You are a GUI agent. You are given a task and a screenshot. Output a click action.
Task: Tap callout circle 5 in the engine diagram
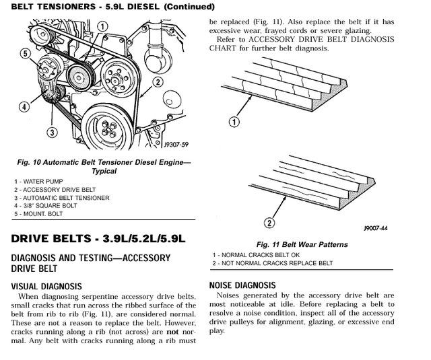coord(24,54)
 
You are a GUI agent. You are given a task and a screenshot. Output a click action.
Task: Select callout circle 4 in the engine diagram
coord(24,106)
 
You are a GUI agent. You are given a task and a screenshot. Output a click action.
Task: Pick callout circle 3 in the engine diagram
coord(51,133)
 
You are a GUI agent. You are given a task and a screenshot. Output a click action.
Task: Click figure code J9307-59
coord(175,143)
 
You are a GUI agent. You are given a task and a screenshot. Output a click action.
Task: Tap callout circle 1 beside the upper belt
coord(234,122)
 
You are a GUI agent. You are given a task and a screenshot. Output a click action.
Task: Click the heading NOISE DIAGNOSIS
coord(242,285)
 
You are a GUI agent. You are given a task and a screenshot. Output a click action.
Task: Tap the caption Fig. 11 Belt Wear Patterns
coord(302,244)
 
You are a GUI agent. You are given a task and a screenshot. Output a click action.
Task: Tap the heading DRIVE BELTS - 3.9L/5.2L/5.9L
coord(98,239)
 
